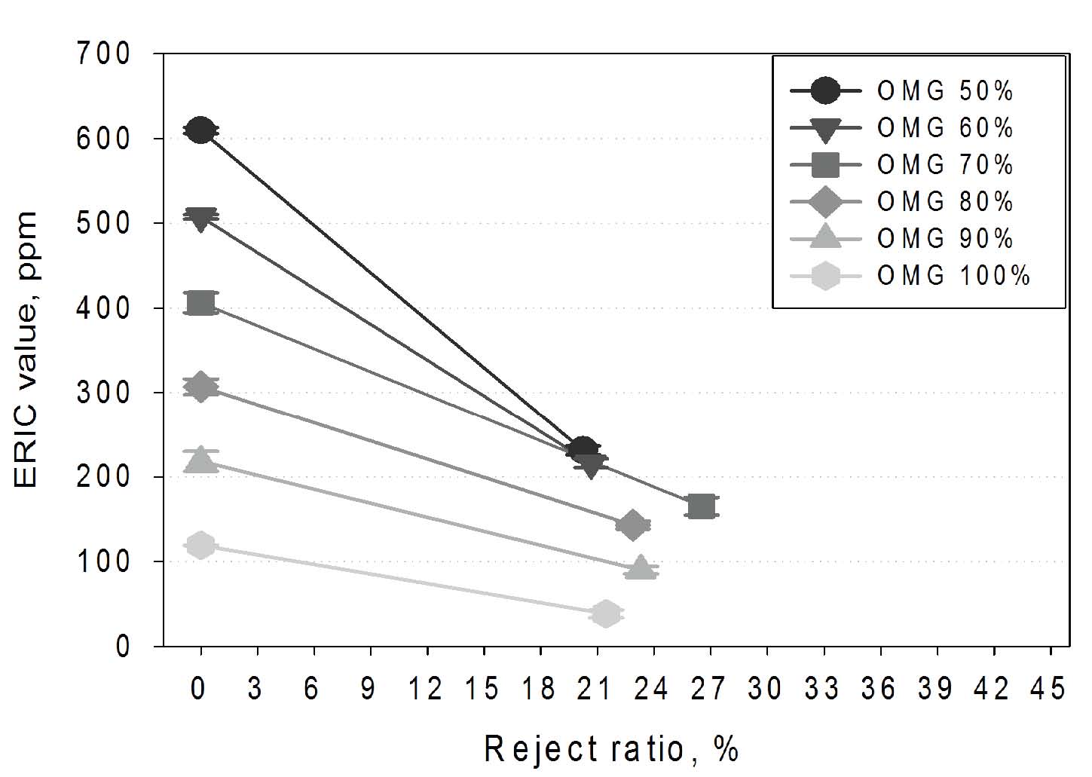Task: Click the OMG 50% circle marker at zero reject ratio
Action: pos(200,130)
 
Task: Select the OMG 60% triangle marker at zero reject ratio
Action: pos(200,219)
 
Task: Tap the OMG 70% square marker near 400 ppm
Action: pos(200,303)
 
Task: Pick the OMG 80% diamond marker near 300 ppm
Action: pos(200,387)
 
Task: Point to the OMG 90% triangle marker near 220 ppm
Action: pos(200,460)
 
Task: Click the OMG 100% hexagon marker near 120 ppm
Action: pos(200,544)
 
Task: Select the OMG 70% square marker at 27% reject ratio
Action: pos(701,506)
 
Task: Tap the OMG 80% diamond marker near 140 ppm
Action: pos(632,525)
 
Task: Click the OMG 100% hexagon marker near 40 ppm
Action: pos(605,613)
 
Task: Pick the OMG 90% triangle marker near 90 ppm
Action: pos(641,568)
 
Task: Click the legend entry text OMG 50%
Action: pos(945,91)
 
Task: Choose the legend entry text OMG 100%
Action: pos(953,276)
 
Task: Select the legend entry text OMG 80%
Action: pos(945,202)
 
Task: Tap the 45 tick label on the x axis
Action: pos(1050,689)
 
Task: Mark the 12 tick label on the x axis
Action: pos(427,689)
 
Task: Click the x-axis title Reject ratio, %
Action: pos(610,749)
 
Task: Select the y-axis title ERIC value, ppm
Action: pos(26,350)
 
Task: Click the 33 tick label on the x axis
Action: pos(823,689)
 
